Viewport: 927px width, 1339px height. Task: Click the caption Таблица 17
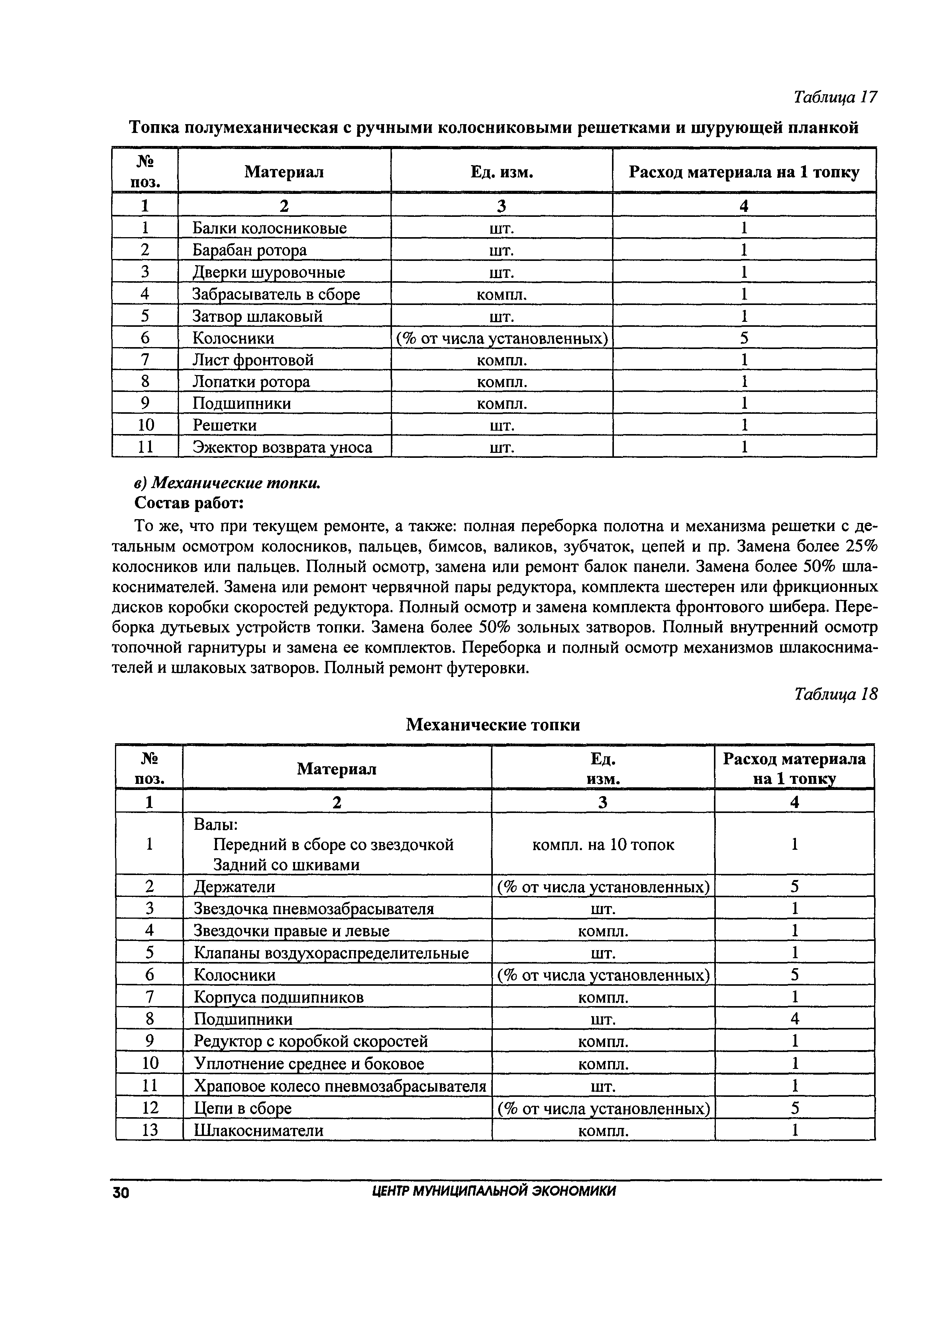tap(835, 97)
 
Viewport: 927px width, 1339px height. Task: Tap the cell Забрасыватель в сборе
tap(276, 294)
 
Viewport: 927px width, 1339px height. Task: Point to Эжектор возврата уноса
tap(282, 447)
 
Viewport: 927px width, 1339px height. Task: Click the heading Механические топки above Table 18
tap(492, 724)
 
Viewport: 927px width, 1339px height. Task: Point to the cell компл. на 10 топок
tap(603, 844)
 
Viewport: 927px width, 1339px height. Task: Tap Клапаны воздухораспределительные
tap(330, 953)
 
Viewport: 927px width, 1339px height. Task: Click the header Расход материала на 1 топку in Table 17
tap(744, 172)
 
